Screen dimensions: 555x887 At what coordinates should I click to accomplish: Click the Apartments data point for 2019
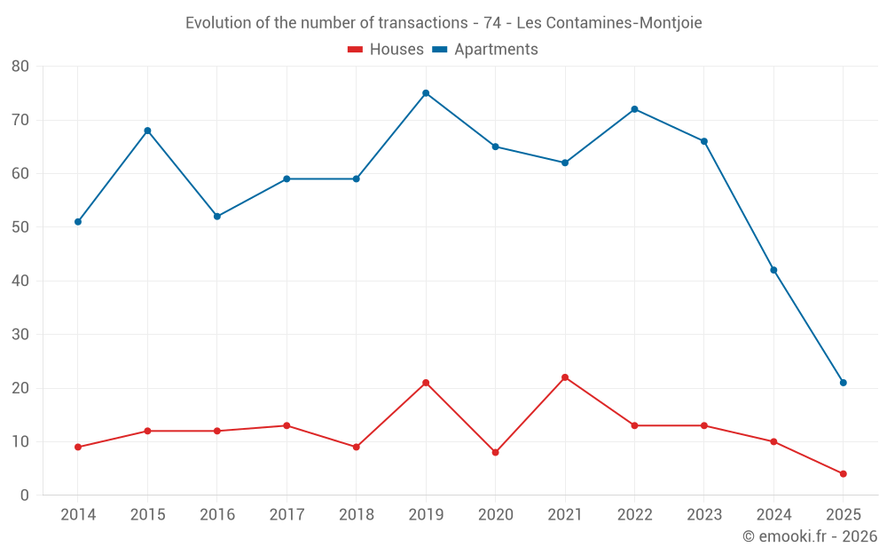(426, 93)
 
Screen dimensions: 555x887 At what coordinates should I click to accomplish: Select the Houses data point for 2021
(565, 377)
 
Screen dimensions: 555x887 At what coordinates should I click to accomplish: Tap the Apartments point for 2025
(844, 383)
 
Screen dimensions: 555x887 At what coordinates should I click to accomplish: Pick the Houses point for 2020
(495, 452)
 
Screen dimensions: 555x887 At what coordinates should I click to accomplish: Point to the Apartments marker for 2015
(147, 131)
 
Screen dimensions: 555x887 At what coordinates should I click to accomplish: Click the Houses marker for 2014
(78, 447)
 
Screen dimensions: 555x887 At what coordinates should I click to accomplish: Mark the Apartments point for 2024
(773, 270)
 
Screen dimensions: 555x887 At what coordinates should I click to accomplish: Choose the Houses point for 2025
(844, 473)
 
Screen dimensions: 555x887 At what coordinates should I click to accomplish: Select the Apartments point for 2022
(634, 109)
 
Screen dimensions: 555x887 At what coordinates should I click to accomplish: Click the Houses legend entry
(386, 50)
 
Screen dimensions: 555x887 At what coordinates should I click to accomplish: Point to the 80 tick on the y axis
(20, 67)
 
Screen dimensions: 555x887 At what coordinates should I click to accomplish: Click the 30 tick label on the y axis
(20, 335)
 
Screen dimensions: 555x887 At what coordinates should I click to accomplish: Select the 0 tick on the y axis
(25, 496)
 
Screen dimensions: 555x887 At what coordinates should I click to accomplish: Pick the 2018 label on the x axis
(356, 515)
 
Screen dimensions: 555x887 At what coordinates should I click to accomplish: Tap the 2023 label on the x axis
(704, 515)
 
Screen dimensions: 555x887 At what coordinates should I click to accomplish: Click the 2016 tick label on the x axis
(216, 515)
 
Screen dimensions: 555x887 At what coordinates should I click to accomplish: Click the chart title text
(443, 23)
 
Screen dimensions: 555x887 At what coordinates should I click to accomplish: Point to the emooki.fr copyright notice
(810, 536)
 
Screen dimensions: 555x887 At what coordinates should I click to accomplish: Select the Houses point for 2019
(426, 383)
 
